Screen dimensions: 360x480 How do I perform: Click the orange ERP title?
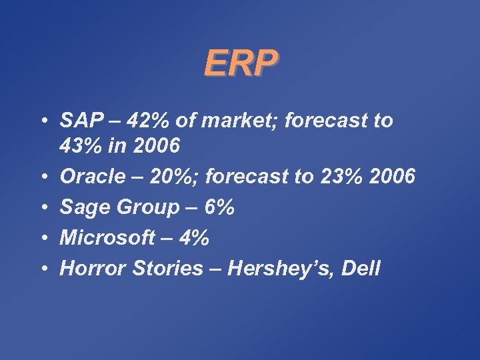(240, 63)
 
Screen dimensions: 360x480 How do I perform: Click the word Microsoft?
(106, 238)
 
